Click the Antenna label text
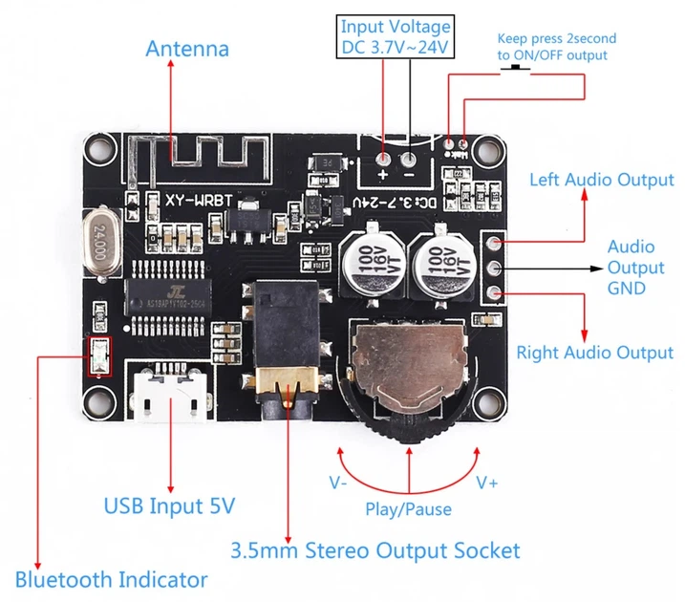click(x=186, y=48)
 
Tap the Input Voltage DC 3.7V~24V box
click(x=396, y=37)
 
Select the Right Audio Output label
click(x=594, y=353)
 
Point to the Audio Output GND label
click(x=635, y=268)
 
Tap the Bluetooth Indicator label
click(x=111, y=579)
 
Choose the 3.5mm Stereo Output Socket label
click(x=375, y=550)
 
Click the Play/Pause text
click(x=408, y=508)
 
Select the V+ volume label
click(x=487, y=483)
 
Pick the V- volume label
click(x=337, y=483)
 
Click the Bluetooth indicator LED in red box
click(x=98, y=355)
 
